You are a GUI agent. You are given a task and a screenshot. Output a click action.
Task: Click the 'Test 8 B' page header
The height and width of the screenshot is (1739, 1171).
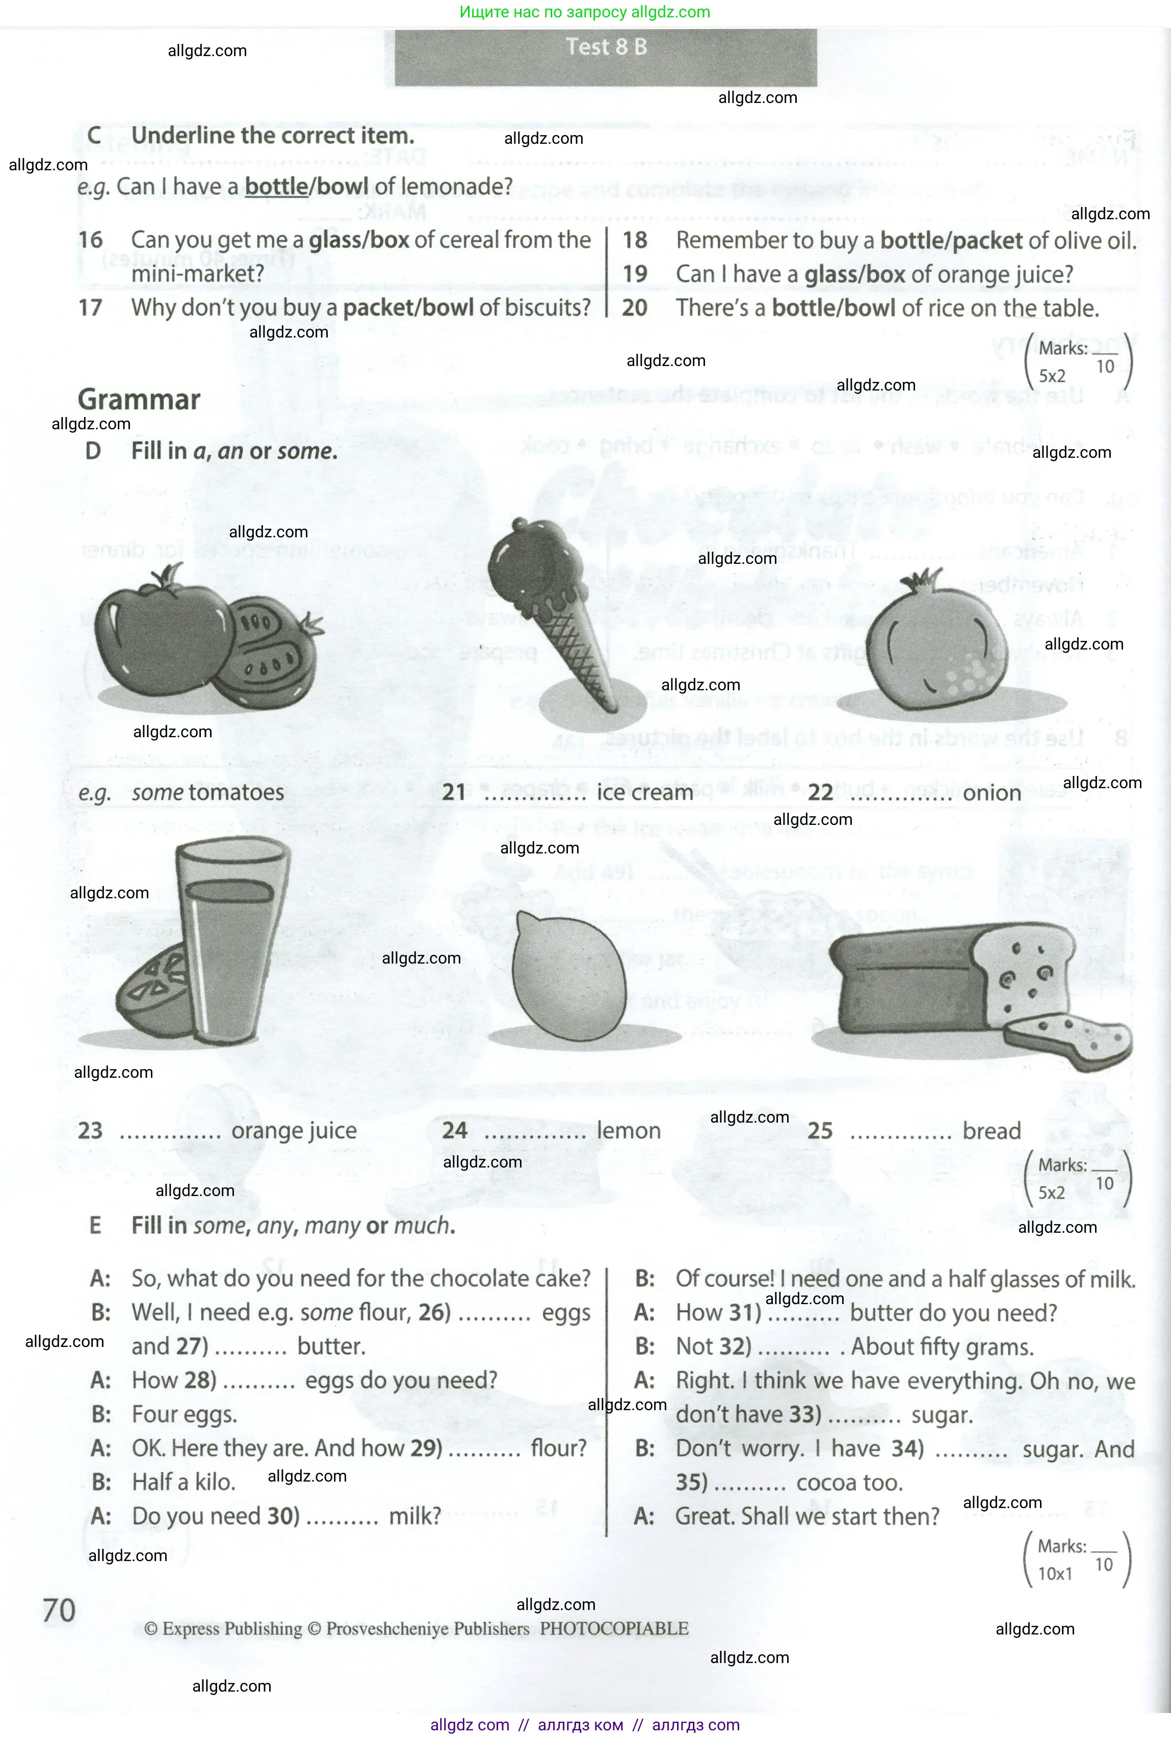click(606, 47)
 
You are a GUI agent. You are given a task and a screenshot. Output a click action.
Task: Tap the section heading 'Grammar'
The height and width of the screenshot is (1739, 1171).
click(139, 400)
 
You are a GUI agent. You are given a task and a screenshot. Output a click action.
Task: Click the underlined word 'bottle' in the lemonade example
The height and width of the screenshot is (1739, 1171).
click(276, 186)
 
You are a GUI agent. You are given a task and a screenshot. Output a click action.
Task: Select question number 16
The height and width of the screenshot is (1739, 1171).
click(90, 240)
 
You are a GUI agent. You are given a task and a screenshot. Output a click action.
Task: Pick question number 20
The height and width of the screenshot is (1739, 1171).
click(635, 307)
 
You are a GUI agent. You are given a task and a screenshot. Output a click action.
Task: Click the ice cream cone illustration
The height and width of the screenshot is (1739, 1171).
click(553, 605)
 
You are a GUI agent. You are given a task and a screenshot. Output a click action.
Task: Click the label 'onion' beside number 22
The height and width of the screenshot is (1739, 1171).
click(992, 792)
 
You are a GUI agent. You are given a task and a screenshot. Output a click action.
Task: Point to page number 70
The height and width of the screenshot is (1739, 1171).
click(59, 1611)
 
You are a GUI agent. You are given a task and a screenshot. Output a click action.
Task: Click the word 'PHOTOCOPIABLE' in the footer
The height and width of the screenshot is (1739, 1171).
click(614, 1628)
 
